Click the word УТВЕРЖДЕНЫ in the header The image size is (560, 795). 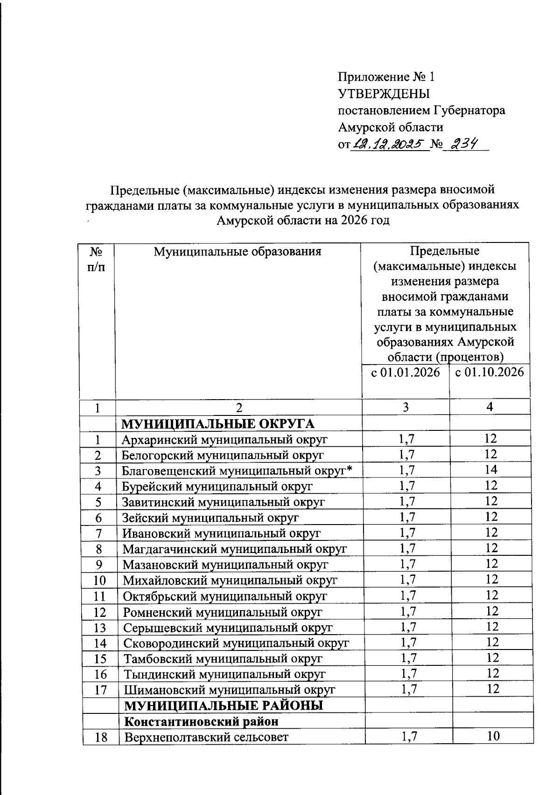coord(384,94)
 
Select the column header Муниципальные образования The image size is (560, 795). coord(238,252)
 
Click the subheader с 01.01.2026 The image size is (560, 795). coord(406,373)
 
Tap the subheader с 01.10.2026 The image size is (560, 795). coord(490,373)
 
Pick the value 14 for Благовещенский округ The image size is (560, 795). coord(491,470)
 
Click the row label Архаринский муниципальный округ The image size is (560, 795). coord(224,439)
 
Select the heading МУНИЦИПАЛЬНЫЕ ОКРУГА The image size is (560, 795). coord(218,424)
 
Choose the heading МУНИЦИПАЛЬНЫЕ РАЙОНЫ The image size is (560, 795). coord(224,705)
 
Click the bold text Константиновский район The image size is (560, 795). coord(201,721)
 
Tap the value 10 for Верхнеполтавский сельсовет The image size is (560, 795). coord(493,736)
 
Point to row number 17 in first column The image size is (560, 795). coord(100,690)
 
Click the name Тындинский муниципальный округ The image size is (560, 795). coord(224,674)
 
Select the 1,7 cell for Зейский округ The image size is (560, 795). coord(407,517)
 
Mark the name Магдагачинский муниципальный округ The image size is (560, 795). coord(235,549)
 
